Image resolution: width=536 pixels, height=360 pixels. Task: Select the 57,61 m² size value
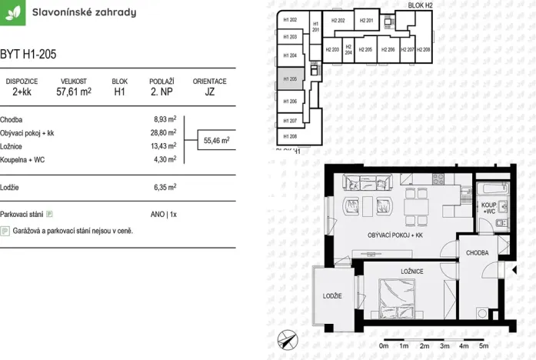coord(74,91)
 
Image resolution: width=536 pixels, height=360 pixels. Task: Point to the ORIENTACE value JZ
coord(209,91)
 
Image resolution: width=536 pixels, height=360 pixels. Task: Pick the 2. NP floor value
coord(161,91)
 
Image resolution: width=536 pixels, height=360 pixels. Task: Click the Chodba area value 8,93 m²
coord(165,120)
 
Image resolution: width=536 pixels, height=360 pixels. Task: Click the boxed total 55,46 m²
coord(217,141)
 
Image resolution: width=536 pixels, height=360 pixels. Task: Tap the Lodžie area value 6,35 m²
coord(165,186)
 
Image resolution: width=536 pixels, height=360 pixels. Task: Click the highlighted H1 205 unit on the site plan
coord(290,78)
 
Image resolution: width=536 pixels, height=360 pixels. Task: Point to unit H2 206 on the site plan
coord(388,50)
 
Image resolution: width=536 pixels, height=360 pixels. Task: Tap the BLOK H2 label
coord(420,5)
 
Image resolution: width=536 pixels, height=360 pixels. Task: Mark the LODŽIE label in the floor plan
coord(332,296)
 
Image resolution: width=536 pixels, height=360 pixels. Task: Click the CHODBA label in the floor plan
coord(477,251)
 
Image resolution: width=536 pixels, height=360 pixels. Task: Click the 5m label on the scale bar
coord(483,346)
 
